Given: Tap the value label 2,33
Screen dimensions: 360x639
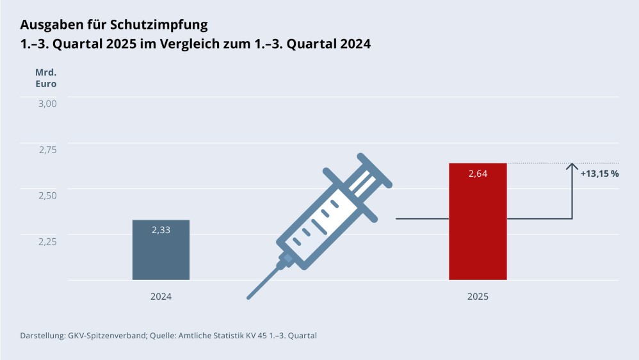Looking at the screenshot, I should pos(161,230).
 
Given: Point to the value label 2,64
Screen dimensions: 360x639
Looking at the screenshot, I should pos(478,174).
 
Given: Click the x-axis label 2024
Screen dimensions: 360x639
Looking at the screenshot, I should pos(161,297).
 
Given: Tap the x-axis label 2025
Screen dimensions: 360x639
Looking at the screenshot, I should pos(478,297).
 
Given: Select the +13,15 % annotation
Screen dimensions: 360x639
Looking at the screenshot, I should pos(599,174).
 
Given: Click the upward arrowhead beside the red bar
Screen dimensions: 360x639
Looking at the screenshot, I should pos(572,167).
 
